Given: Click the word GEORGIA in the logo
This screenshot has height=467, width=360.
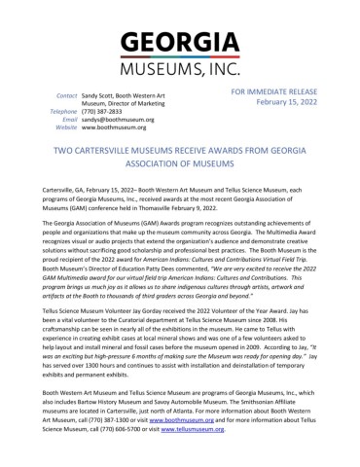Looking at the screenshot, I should pyautogui.click(x=180, y=45).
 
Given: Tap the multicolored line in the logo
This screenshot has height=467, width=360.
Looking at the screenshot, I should pyautogui.click(x=180, y=59).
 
